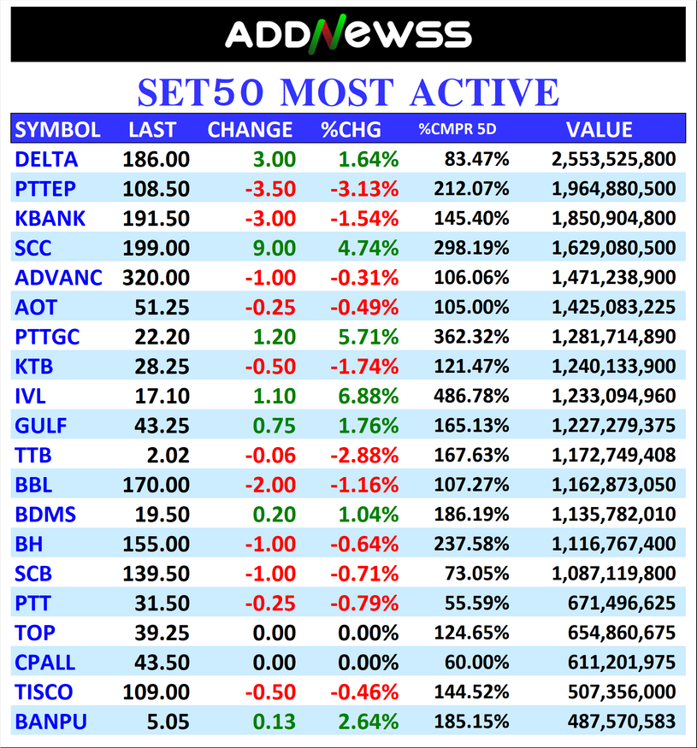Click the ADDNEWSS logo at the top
348,34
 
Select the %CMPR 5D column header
457,130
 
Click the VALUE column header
599,130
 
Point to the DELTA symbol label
46,159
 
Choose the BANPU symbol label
50,721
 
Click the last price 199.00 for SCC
156,248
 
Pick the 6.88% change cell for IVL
368,396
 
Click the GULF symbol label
40,426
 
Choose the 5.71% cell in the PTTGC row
368,337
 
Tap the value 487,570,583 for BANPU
622,721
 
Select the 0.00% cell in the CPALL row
368,663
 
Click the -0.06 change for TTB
270,455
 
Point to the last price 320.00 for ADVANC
156,278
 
